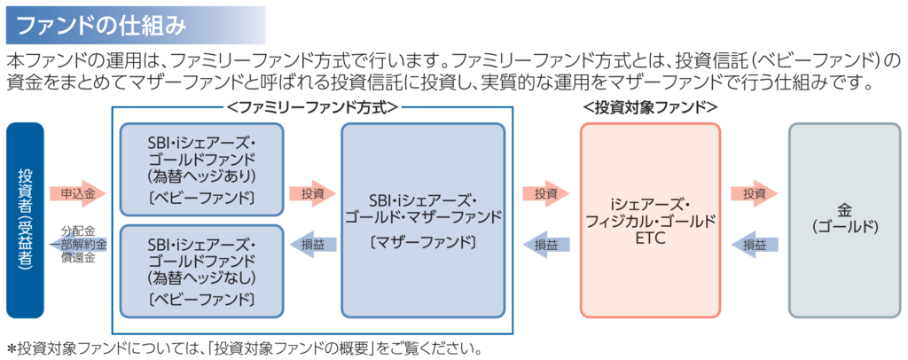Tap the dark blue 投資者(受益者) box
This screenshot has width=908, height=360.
25,220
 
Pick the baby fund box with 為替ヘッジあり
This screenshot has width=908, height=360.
201,168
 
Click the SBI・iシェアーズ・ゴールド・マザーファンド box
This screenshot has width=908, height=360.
422,220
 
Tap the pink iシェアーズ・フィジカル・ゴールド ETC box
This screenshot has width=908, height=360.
650,220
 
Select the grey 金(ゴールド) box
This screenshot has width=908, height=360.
843,220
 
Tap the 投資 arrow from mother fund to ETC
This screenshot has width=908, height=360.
544,192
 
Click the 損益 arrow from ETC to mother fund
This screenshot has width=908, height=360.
543,243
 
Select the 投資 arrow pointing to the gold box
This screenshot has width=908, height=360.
754,192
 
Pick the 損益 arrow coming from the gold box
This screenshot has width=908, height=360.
754,243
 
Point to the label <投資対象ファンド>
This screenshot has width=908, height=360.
650,107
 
